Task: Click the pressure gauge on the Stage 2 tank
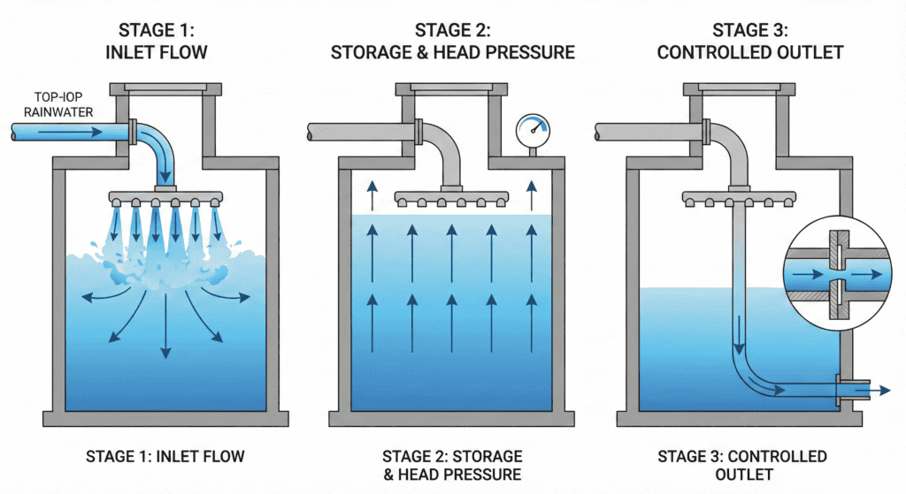click(532, 132)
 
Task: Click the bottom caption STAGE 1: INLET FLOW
click(165, 457)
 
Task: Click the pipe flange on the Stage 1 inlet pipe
click(132, 133)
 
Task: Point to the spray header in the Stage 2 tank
click(450, 196)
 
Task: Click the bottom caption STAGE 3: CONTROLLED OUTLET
click(742, 466)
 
